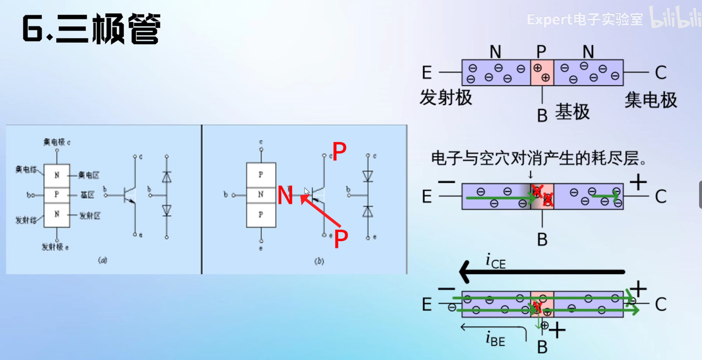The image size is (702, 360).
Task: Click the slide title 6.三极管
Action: [x=91, y=29]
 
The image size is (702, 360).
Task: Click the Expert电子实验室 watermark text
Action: [x=585, y=20]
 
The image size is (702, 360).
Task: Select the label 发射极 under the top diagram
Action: [x=446, y=98]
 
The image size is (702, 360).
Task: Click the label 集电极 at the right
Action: [x=651, y=100]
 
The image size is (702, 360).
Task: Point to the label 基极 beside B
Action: [x=572, y=112]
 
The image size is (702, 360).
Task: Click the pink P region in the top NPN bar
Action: [x=542, y=73]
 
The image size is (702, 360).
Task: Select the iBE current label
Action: [x=495, y=339]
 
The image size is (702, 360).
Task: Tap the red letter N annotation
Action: [x=285, y=196]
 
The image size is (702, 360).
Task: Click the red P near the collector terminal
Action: [x=339, y=151]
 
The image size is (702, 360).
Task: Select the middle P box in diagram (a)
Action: [x=57, y=195]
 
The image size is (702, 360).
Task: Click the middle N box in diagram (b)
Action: [x=261, y=195]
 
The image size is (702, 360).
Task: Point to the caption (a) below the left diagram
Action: [x=103, y=260]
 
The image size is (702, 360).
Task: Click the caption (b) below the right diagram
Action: [x=319, y=261]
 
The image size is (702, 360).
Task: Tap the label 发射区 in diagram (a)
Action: [x=90, y=216]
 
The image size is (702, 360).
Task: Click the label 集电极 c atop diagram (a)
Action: [x=57, y=142]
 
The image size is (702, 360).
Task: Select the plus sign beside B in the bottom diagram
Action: [x=557, y=330]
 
